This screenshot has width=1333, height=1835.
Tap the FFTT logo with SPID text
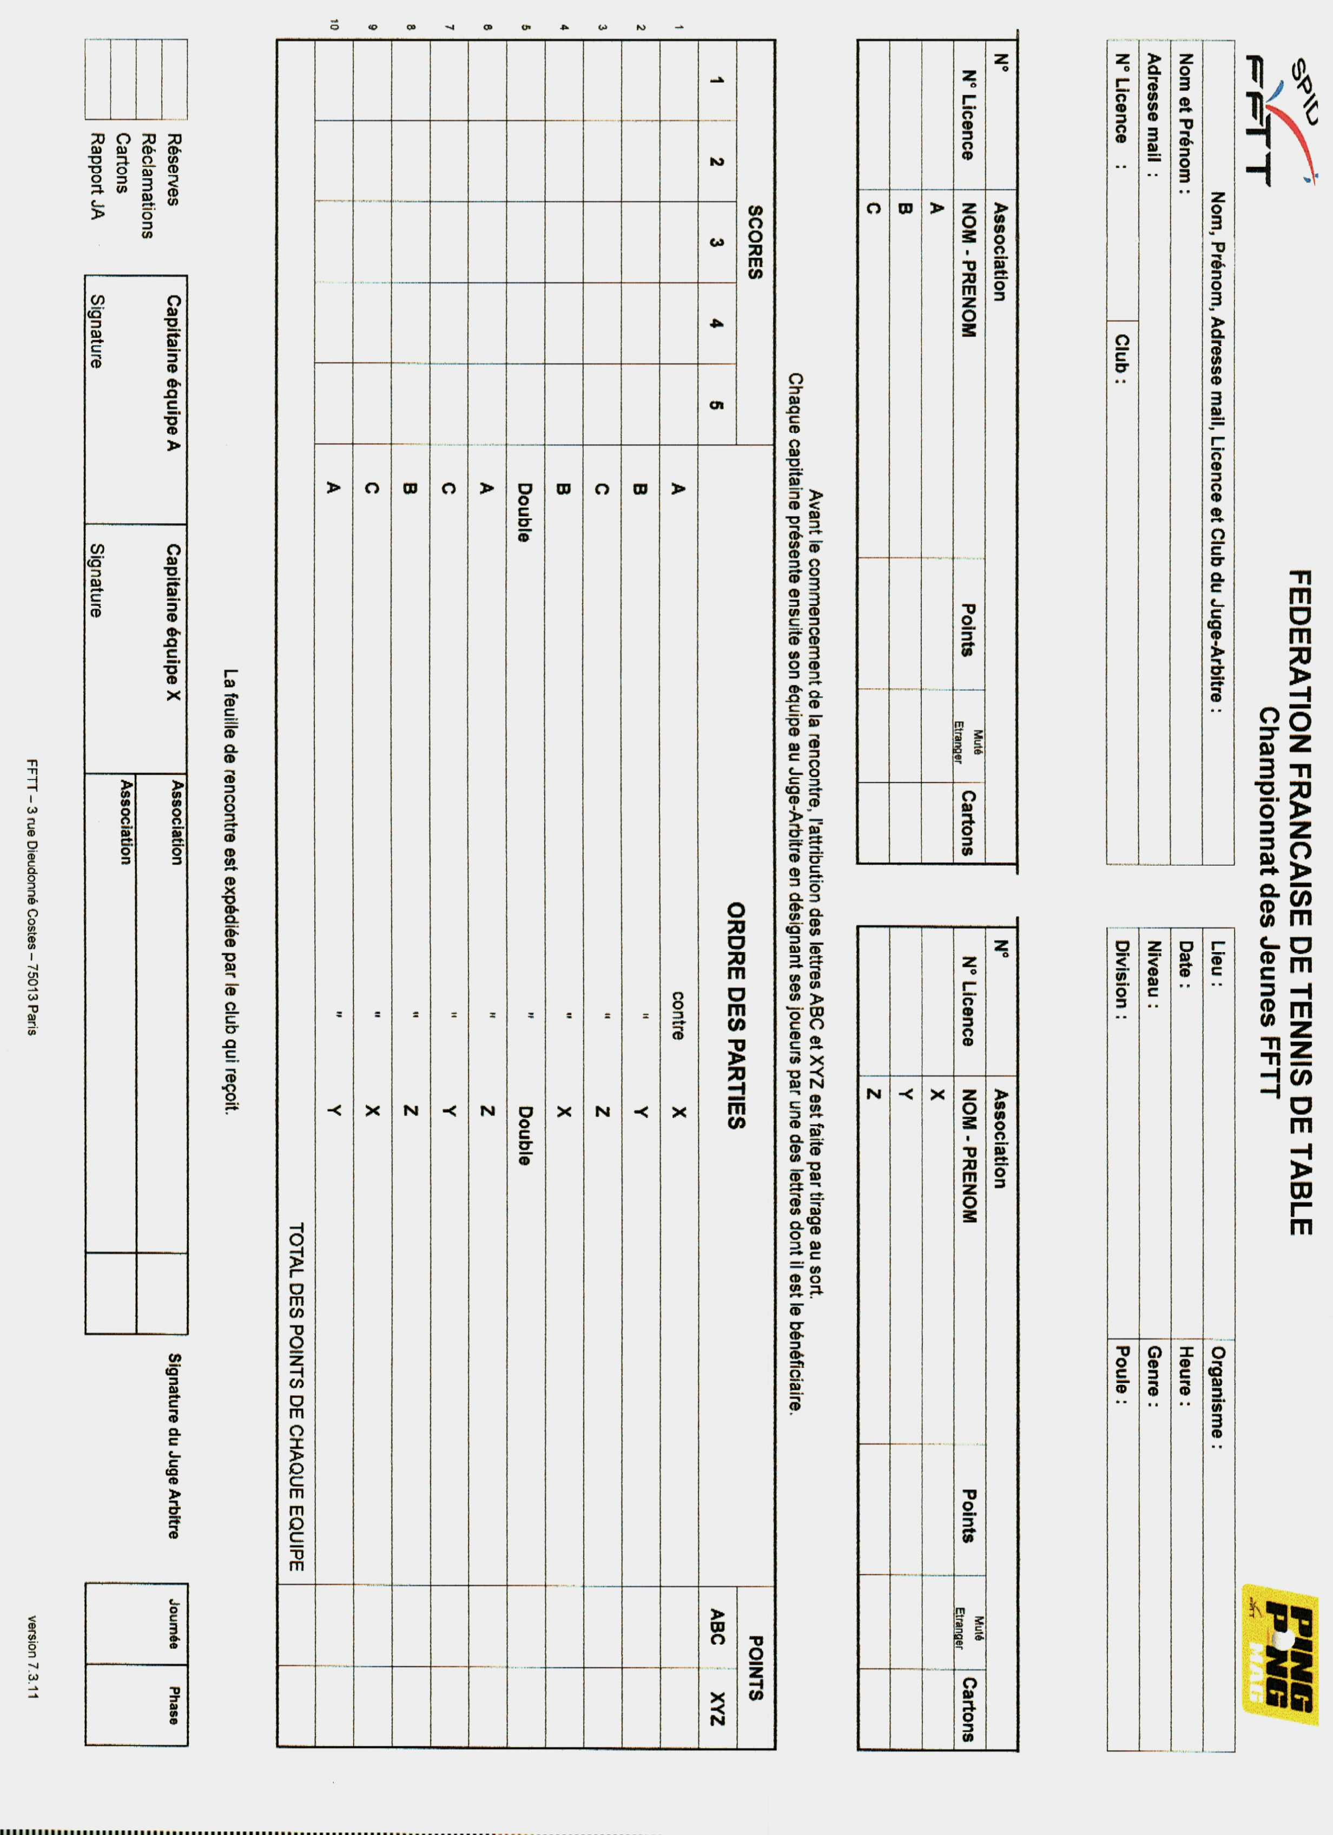pyautogui.click(x=1282, y=121)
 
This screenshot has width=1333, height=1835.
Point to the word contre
pyautogui.click(x=678, y=1015)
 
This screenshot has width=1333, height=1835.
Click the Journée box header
pyautogui.click(x=173, y=1623)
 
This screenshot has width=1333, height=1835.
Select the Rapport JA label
pyautogui.click(x=97, y=176)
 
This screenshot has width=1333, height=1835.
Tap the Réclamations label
pyautogui.click(x=148, y=186)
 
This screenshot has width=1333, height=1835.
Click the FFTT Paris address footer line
pyautogui.click(x=32, y=896)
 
